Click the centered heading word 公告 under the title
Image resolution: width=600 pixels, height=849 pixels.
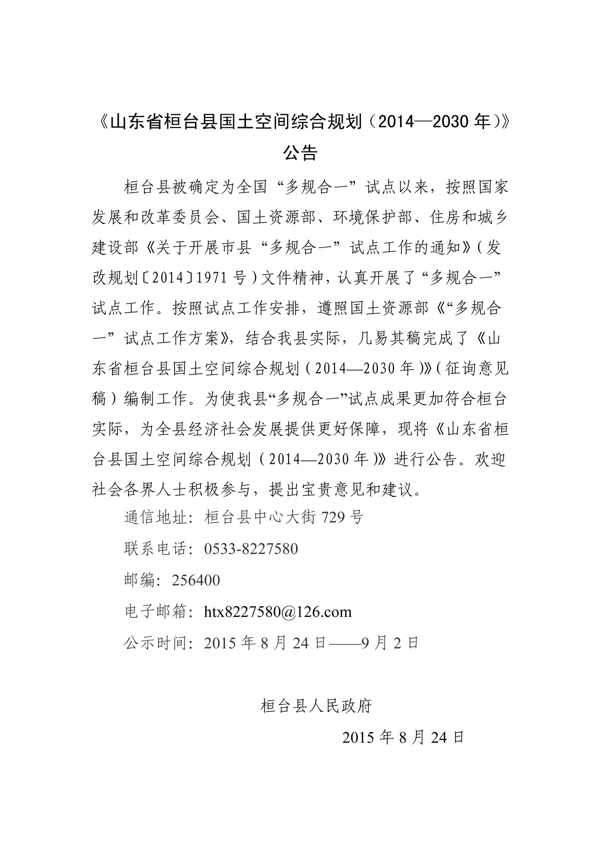[300, 153]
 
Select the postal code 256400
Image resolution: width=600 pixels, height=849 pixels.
[196, 580]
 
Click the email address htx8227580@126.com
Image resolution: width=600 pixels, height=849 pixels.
[277, 611]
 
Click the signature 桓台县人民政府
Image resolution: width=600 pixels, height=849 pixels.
[316, 706]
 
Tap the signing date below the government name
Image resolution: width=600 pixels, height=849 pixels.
[403, 737]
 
